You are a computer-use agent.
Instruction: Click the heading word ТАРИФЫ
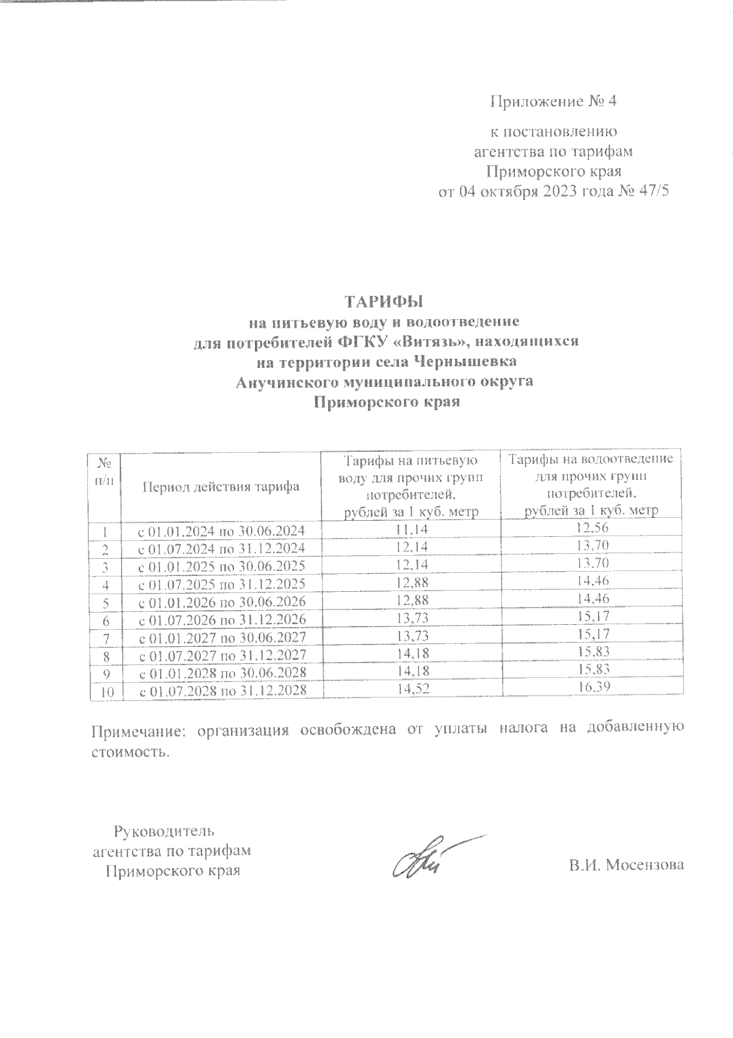[385, 301]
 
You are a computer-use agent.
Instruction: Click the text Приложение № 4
[553, 101]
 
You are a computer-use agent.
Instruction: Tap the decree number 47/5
[649, 191]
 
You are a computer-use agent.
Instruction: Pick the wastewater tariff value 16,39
[591, 688]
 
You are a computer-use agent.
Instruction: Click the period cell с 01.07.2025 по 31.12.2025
[221, 584]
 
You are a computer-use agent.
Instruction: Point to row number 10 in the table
[105, 691]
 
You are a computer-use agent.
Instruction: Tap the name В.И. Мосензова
[626, 865]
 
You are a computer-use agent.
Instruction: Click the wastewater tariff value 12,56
[591, 529]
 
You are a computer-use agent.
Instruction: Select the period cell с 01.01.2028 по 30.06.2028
[221, 672]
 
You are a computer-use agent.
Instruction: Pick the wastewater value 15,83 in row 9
[591, 670]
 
